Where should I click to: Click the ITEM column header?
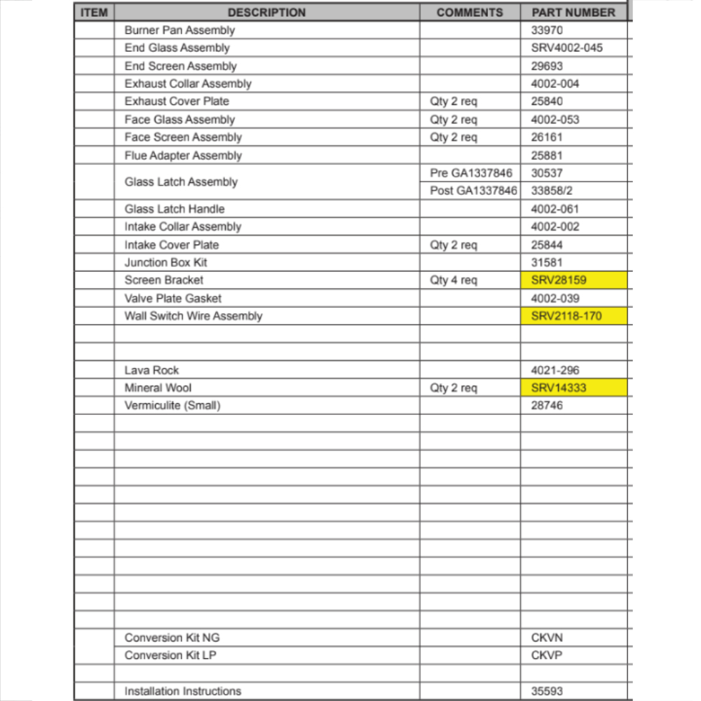click(x=94, y=13)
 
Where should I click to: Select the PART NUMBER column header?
click(x=573, y=13)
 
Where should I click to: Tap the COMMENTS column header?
click(x=470, y=13)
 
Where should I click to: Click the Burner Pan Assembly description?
click(x=179, y=30)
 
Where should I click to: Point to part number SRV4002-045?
click(x=566, y=48)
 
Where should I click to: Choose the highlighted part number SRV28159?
click(x=559, y=280)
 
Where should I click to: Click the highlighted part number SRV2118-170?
click(x=566, y=316)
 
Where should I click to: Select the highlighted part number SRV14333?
click(x=559, y=388)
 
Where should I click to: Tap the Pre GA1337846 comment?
click(x=471, y=173)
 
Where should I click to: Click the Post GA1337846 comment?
click(x=474, y=191)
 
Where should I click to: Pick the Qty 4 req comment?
click(x=454, y=280)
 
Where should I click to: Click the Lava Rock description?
click(x=151, y=370)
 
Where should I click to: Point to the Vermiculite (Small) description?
click(x=172, y=405)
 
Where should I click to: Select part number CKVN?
click(x=547, y=638)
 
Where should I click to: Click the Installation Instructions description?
click(x=183, y=691)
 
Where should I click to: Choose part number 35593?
click(x=547, y=691)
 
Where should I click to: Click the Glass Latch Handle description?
click(x=175, y=209)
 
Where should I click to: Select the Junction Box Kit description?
click(x=165, y=262)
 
